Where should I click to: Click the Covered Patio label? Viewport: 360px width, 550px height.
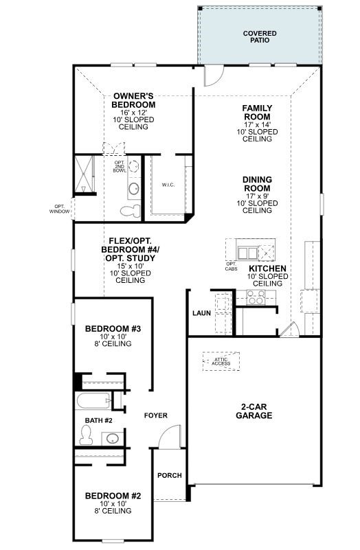click(x=260, y=36)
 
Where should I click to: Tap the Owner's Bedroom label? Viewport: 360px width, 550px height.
click(x=134, y=100)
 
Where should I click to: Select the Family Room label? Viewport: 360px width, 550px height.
click(x=258, y=111)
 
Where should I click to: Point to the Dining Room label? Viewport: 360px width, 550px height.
click(x=258, y=183)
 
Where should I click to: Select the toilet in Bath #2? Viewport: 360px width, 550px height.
click(x=87, y=434)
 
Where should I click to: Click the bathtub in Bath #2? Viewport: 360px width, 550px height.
click(x=93, y=402)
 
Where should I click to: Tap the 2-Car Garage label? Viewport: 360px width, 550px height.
click(x=253, y=411)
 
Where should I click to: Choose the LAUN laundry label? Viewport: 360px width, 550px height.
click(x=201, y=313)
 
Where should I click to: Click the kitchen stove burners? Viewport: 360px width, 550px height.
click(x=256, y=298)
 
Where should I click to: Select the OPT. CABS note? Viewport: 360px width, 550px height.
click(x=231, y=266)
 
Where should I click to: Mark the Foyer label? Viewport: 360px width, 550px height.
click(x=155, y=415)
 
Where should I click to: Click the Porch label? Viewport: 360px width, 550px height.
click(x=169, y=475)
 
